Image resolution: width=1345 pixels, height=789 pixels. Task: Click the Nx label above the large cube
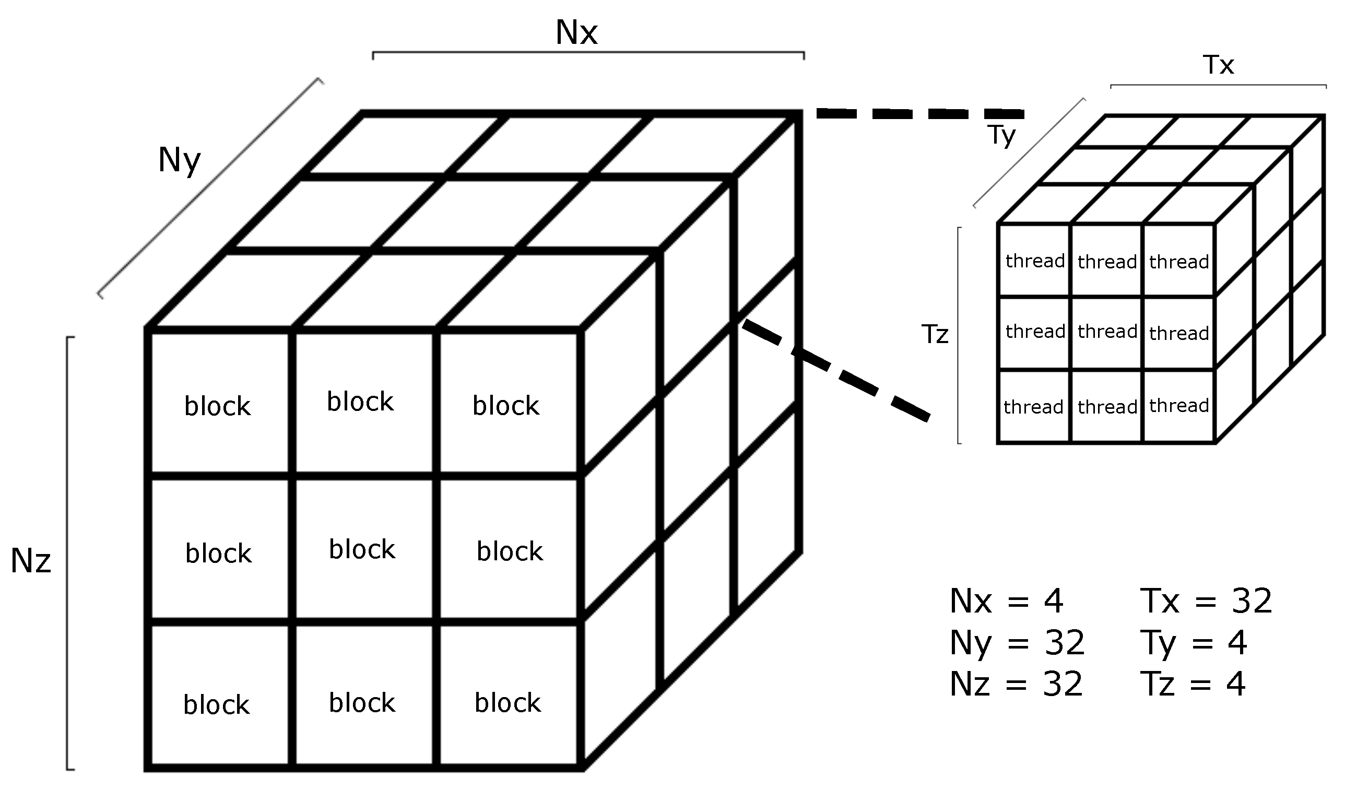click(576, 33)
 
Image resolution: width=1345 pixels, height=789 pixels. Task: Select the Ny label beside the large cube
click(179, 160)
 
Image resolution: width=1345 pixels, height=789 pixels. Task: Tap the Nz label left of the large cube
click(31, 561)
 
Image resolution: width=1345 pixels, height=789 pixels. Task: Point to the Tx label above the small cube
click(1219, 65)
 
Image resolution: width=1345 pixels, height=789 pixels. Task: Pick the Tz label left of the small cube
click(935, 335)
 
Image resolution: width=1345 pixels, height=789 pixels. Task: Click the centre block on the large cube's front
click(362, 549)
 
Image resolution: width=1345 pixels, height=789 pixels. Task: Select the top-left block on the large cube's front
click(217, 406)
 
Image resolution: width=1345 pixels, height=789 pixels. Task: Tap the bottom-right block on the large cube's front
click(508, 702)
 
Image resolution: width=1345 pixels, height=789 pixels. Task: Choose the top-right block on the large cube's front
click(506, 406)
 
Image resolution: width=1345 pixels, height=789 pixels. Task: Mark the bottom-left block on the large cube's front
click(216, 704)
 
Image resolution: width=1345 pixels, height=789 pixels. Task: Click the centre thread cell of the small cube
click(1107, 332)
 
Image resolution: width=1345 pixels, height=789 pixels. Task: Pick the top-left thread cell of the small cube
click(1035, 261)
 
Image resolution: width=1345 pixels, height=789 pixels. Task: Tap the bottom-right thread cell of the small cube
click(1179, 406)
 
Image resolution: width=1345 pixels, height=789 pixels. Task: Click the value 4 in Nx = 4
click(1054, 602)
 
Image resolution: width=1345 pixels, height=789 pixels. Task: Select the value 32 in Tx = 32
click(1252, 602)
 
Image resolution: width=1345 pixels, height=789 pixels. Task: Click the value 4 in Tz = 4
click(1236, 684)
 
